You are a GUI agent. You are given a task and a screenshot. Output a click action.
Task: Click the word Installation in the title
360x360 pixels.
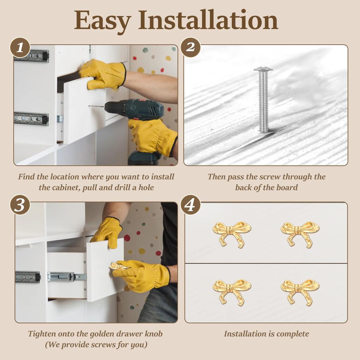point(208,20)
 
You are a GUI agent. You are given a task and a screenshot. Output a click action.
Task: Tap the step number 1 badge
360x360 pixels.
point(20,48)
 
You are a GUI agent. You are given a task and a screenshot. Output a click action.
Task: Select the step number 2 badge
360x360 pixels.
point(190,47)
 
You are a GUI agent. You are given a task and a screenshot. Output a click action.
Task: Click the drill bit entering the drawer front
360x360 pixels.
point(96,106)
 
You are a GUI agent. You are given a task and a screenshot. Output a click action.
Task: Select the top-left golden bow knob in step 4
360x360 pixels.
point(232,234)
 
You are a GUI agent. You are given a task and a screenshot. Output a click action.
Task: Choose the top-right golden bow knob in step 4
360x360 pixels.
point(300,234)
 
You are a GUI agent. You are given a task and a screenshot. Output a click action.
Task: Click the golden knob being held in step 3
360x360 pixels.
point(117,267)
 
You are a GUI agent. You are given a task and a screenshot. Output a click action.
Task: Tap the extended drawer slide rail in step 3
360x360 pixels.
point(67,277)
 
